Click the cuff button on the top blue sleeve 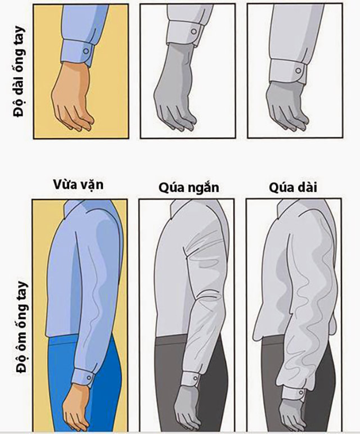pyautogui.click(x=85, y=51)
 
